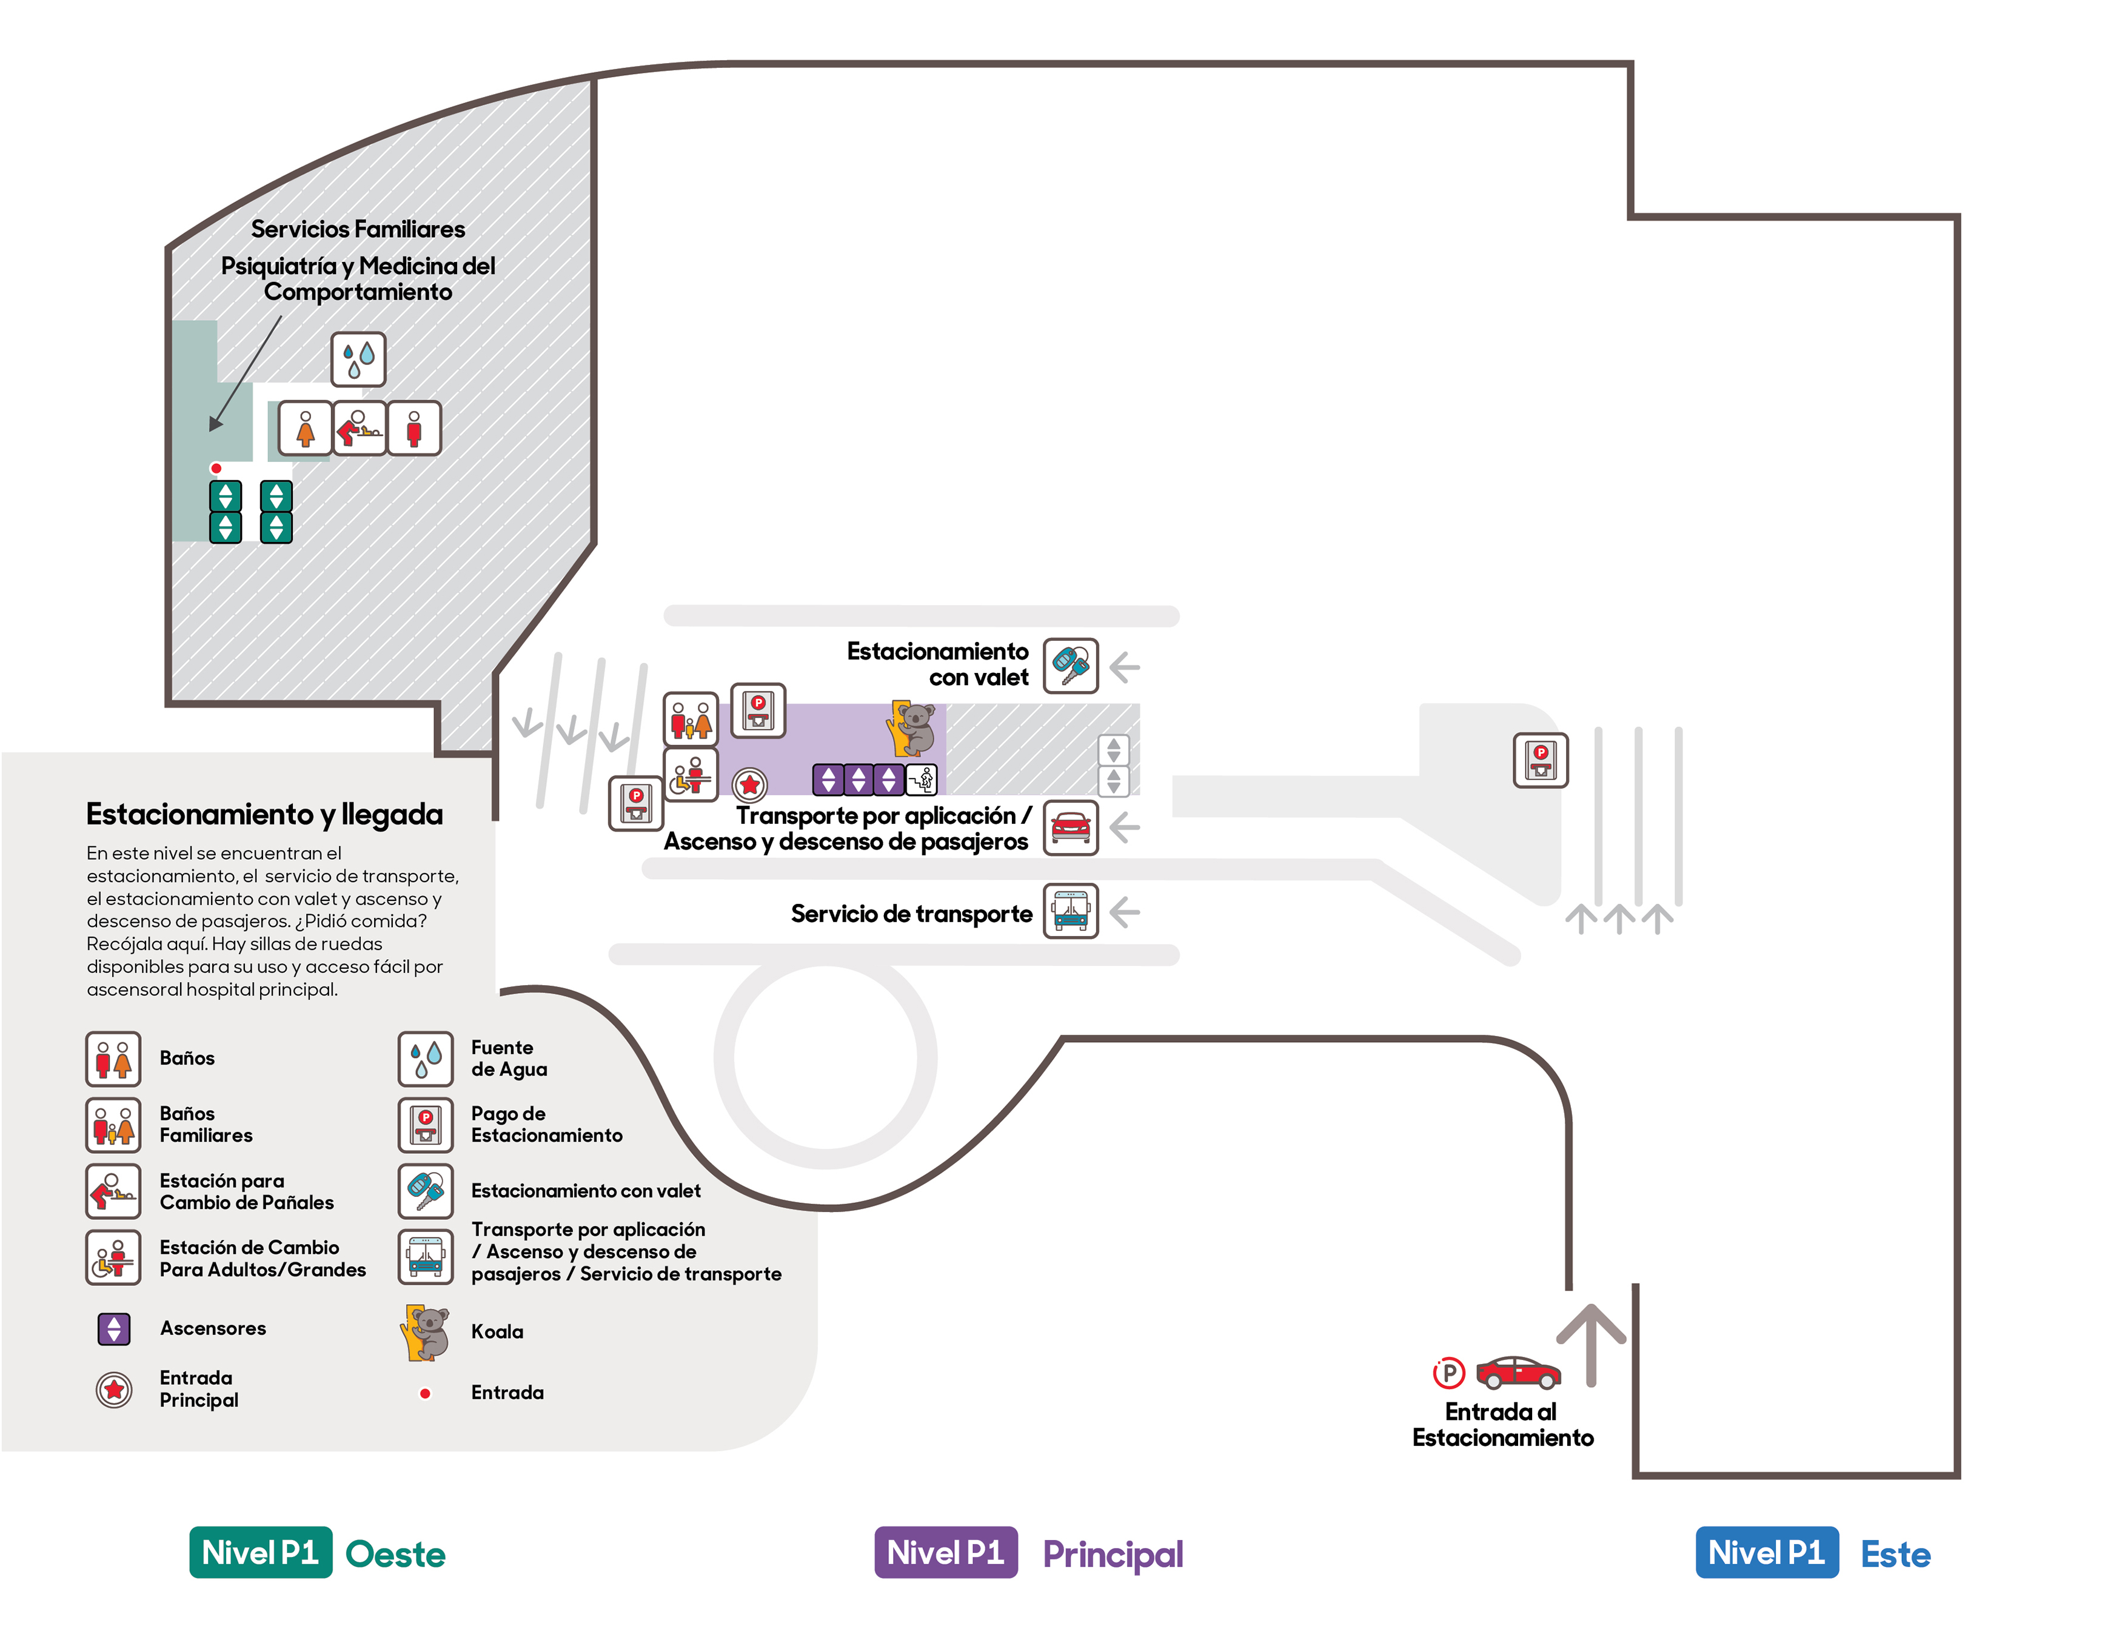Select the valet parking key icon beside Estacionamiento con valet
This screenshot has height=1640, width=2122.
point(1071,666)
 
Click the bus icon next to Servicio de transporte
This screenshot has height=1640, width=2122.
point(1071,911)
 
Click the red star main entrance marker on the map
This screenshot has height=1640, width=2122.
point(749,784)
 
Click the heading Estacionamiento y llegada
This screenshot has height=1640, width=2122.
point(264,814)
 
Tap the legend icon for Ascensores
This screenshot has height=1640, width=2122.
point(114,1328)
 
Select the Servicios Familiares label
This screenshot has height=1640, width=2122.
point(358,229)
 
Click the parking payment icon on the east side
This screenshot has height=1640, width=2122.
point(1541,760)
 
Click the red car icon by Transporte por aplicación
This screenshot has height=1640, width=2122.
point(1071,828)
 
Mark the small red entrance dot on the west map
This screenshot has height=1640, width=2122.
point(216,468)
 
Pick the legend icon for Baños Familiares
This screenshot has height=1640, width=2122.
point(114,1125)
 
